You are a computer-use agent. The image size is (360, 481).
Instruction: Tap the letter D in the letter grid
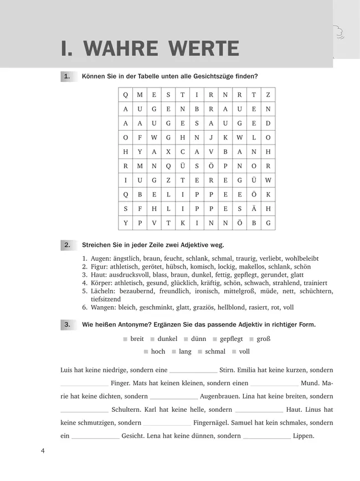click(268, 123)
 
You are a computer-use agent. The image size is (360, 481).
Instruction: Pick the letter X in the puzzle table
click(168, 152)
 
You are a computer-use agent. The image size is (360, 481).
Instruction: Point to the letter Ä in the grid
click(254, 209)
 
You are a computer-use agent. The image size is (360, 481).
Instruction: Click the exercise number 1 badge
click(66, 76)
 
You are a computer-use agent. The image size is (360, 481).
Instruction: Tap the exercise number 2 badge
click(66, 244)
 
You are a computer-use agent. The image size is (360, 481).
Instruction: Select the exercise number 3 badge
click(66, 325)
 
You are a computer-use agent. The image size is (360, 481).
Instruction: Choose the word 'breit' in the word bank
click(137, 339)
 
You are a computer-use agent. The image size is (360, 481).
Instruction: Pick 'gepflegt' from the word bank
click(232, 339)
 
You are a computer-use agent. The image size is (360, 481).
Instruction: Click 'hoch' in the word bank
click(158, 351)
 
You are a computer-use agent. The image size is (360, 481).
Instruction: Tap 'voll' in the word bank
click(244, 351)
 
